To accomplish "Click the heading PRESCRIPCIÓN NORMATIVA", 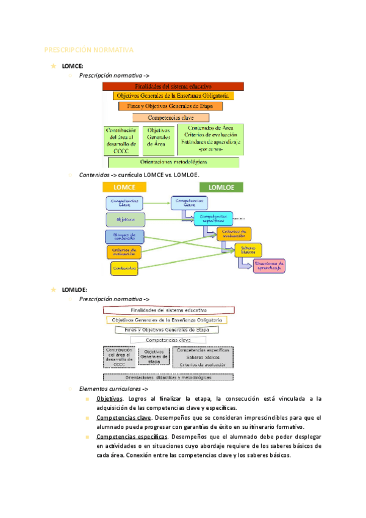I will [x=89, y=49].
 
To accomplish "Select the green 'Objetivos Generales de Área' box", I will [x=159, y=140].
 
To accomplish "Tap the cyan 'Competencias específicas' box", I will [x=213, y=218].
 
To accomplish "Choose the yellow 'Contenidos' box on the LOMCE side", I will [x=124, y=268].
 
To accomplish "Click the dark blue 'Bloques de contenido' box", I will [x=124, y=236].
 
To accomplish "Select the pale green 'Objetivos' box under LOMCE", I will [x=125, y=219].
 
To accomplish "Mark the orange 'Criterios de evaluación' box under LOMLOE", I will [x=234, y=233].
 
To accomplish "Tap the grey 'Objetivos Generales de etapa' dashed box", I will [x=154, y=356].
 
